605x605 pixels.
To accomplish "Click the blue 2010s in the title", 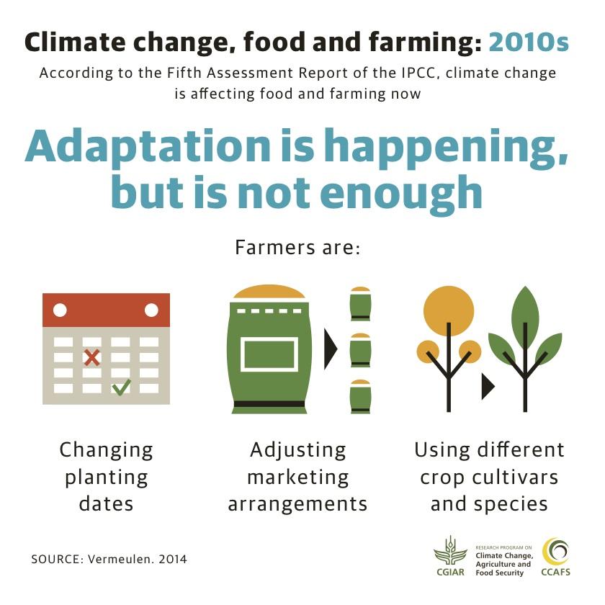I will tap(528, 43).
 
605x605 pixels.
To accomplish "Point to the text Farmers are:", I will tap(297, 248).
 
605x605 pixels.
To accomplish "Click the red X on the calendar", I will tap(91, 357).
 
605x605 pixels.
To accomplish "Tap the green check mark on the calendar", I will tap(121, 387).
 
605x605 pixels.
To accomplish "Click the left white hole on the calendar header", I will tap(60, 310).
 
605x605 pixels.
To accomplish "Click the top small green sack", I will tap(360, 304).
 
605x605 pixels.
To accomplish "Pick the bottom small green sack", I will tap(360, 396).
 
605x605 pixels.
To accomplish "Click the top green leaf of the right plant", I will tap(525, 310).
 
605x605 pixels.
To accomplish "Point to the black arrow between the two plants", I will tap(488, 386).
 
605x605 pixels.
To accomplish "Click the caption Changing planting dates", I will tap(107, 477).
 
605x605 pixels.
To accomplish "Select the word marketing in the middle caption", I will tap(297, 477).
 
